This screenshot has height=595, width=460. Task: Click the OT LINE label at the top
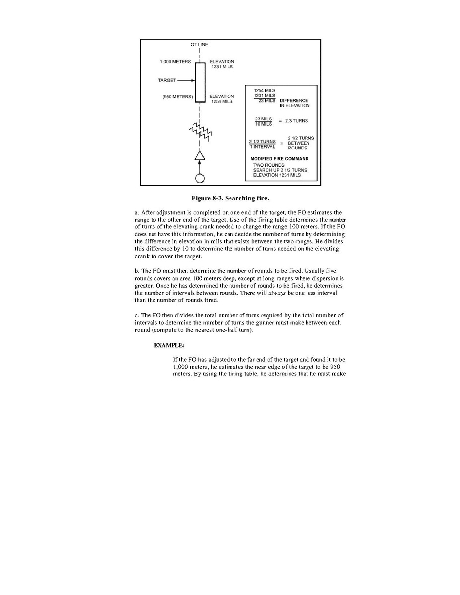199,45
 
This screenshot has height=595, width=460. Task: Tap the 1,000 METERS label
175,62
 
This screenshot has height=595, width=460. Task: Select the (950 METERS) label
177,96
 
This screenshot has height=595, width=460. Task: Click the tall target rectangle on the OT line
199,82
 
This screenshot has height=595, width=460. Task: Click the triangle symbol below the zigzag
199,156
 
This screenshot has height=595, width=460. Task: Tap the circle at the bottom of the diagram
199,178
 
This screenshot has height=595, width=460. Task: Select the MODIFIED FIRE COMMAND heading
279,159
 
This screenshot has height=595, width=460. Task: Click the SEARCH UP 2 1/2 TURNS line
280,170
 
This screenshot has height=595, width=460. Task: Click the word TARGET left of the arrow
167,80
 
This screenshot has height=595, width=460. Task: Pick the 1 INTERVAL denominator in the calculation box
262,147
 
